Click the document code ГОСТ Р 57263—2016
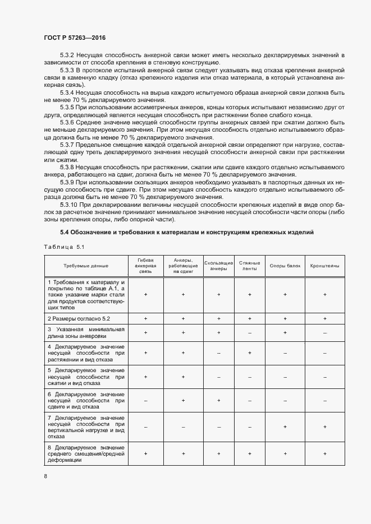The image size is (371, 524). pyautogui.click(x=75, y=38)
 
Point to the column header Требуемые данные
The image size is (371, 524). pyautogui.click(x=86, y=266)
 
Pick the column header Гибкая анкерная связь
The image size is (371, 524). pyautogui.click(x=145, y=265)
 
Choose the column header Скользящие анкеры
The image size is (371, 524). pyautogui.click(x=218, y=266)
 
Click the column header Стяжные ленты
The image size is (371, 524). pyautogui.click(x=249, y=266)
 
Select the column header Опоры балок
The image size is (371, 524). pyautogui.click(x=285, y=266)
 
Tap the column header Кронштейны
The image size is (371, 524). pyautogui.click(x=324, y=266)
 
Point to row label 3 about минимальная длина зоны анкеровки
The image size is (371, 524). pyautogui.click(x=86, y=332)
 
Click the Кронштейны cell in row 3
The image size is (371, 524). pyautogui.click(x=324, y=332)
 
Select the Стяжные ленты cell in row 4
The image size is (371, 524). pyautogui.click(x=249, y=353)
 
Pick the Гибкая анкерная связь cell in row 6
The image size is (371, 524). pyautogui.click(x=145, y=401)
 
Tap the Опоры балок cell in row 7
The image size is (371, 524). pyautogui.click(x=285, y=426)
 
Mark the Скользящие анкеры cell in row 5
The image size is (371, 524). pyautogui.click(x=218, y=377)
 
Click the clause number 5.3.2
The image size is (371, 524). pyautogui.click(x=67, y=55)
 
